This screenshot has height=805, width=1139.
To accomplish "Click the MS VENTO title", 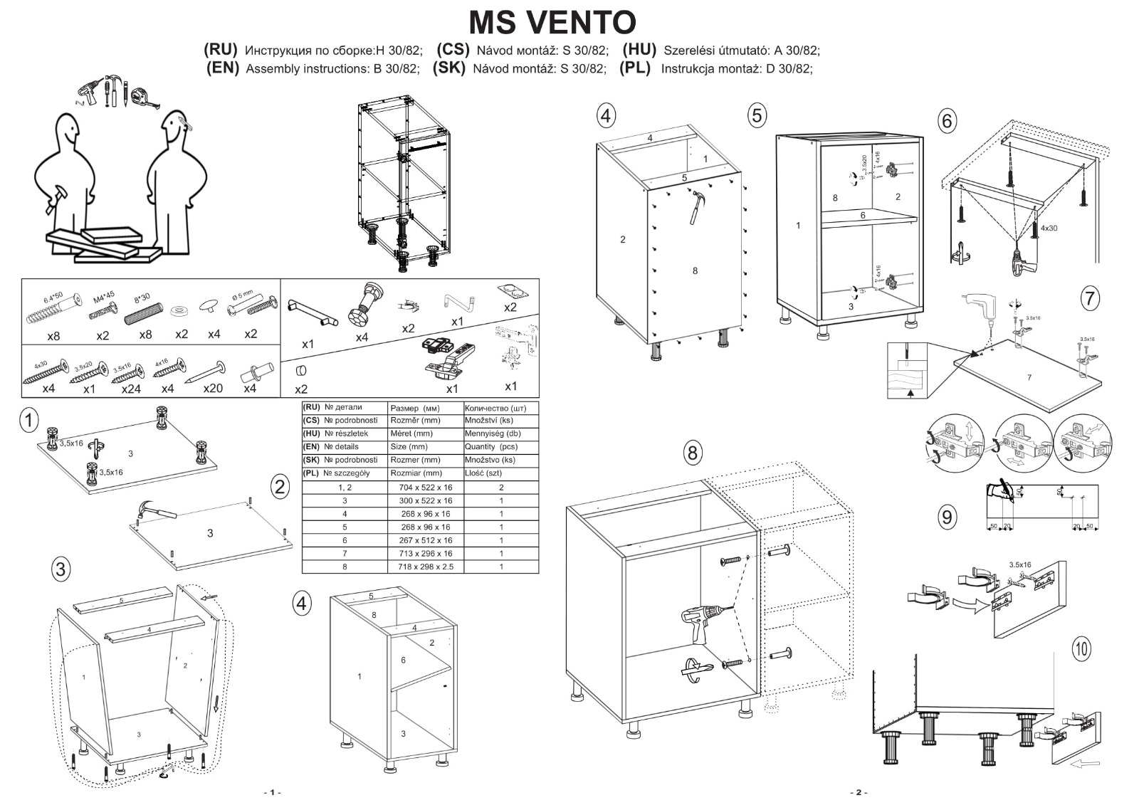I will tap(552, 22).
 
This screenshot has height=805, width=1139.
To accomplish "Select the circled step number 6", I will tap(946, 121).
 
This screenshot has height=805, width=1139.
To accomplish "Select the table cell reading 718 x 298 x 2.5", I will tap(426, 567).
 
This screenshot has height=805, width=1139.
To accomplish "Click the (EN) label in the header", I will tap(222, 68).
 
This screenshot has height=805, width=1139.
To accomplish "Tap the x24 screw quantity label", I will tap(131, 389).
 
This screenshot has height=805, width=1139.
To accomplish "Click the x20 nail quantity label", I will tap(213, 389).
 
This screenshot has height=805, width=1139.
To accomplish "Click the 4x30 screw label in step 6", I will tap(1049, 228).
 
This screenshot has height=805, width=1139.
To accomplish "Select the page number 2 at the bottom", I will tap(858, 792).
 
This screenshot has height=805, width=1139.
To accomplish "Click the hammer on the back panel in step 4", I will tap(697, 206).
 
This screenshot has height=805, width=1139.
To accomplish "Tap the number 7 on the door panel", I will tap(1029, 377).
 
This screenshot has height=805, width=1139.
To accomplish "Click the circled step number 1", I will tap(28, 420).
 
